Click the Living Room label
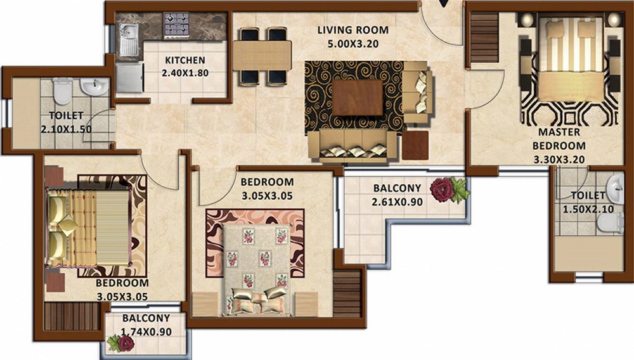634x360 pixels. [x=353, y=30]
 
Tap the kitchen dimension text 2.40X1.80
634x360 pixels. [x=185, y=74]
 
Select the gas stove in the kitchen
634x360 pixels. [x=176, y=25]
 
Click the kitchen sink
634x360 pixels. [x=129, y=39]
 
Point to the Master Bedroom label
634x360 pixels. [x=559, y=139]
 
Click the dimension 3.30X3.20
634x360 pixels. [x=559, y=160]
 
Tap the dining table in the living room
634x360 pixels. [x=262, y=55]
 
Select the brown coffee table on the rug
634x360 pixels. [x=358, y=98]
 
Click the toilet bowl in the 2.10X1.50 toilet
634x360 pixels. [x=63, y=91]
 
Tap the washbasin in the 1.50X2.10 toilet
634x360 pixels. [x=616, y=189]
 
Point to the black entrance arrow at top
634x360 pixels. [x=445, y=3]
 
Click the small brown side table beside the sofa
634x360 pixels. [x=415, y=145]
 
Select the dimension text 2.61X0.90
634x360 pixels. [x=397, y=202]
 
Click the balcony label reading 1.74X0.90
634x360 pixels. [x=146, y=331]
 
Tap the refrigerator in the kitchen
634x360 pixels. [x=129, y=77]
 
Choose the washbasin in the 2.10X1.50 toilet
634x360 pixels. [x=94, y=86]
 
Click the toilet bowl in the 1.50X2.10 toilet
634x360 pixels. [x=611, y=223]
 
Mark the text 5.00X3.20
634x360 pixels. [x=353, y=44]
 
